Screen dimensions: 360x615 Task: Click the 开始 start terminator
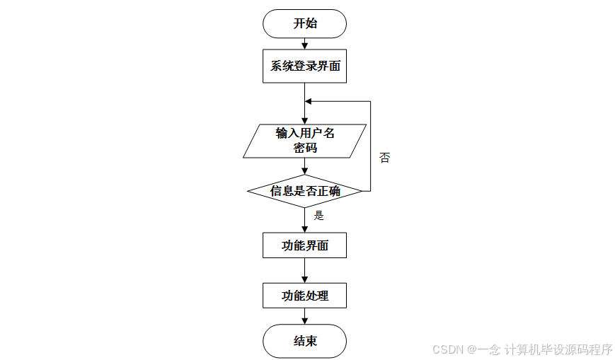304,23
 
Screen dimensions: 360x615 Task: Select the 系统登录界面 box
304,67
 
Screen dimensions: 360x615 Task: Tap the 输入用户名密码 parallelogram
304,141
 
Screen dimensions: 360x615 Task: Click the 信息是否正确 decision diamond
304,191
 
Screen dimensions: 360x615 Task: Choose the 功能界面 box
304,246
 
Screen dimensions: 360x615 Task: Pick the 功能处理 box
304,296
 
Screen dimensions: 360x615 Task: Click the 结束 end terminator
304,342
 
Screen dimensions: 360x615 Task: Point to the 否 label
384,158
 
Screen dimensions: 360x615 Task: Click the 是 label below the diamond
318,216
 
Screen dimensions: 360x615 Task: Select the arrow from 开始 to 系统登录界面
304,45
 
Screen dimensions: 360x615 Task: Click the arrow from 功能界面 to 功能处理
304,271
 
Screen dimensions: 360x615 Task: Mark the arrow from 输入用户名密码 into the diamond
304,166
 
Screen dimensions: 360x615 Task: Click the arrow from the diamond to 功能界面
304,220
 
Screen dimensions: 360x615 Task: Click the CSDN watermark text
522,349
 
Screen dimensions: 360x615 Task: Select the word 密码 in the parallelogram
304,149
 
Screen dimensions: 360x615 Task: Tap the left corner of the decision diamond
248,191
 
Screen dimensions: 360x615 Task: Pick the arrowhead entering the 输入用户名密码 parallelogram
304,121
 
